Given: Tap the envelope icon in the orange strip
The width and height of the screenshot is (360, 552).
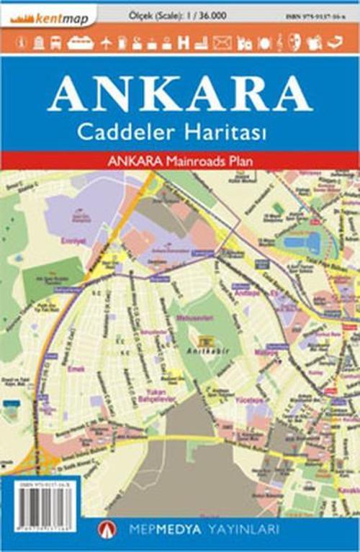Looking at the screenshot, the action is coord(222,43).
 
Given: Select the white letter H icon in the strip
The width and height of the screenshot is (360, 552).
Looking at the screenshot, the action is coord(183,43).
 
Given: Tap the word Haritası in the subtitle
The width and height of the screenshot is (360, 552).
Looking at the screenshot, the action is coord(225,132).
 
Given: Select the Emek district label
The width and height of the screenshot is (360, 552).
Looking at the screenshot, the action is coord(75,369).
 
